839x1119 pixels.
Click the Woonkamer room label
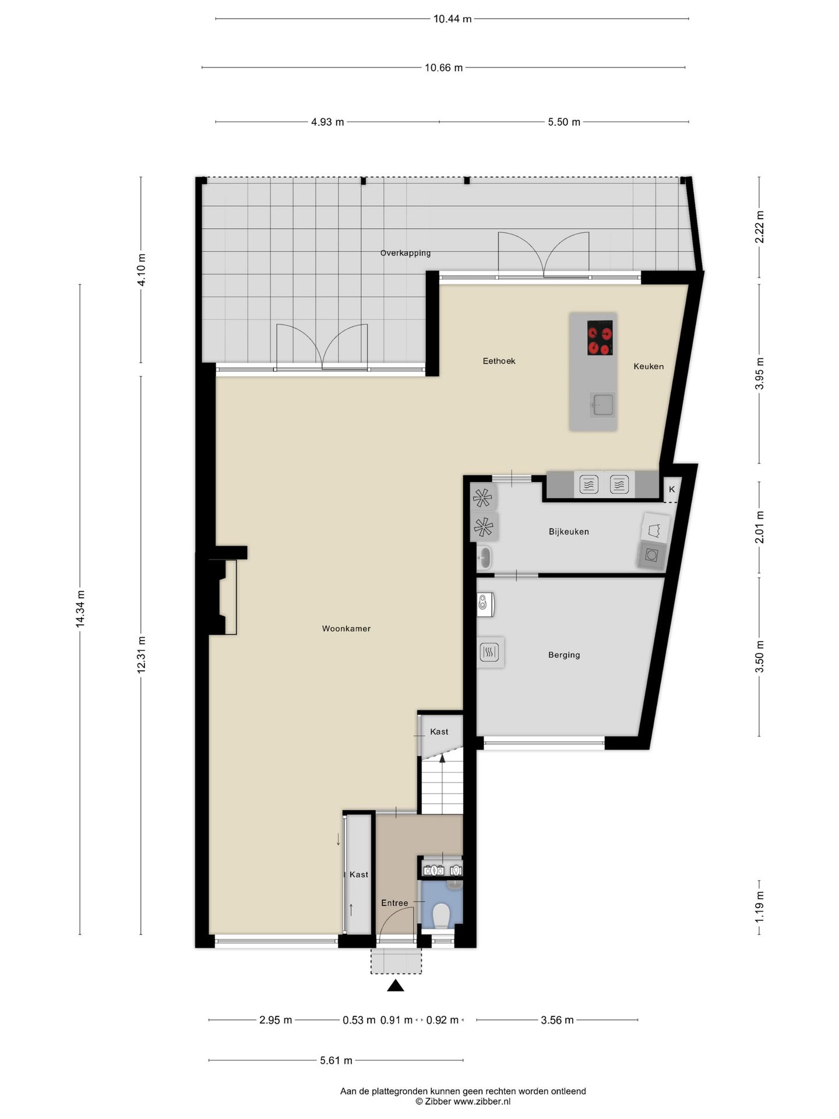346,629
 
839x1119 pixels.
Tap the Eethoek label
499,361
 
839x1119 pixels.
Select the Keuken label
648,367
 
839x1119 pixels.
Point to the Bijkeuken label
569,532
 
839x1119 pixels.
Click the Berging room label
564,655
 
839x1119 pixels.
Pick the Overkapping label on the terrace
406,253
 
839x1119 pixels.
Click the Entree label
394,903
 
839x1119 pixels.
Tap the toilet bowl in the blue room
442,916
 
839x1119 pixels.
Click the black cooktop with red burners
600,338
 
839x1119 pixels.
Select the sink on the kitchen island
602,404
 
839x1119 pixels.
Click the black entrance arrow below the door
396,986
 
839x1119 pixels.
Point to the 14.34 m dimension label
80,609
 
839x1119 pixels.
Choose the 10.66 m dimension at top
443,68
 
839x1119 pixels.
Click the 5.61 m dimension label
336,1061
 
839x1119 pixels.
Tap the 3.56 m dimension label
557,1021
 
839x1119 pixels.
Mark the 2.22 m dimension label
759,227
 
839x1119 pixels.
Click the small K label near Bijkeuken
672,490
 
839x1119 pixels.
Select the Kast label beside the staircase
439,732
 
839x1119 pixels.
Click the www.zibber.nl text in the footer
482,1102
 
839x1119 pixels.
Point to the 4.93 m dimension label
327,122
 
